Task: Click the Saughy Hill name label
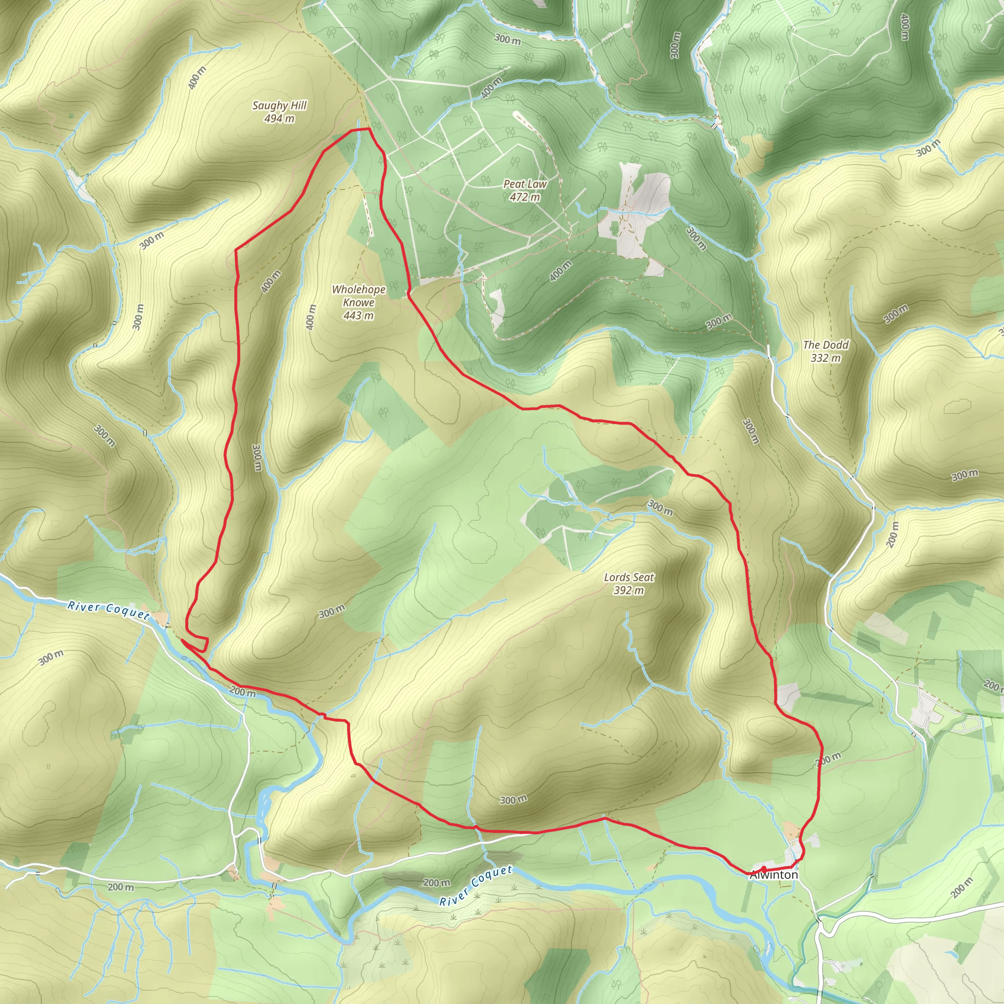[x=279, y=105]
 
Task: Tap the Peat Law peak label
[x=525, y=184]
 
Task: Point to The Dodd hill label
[x=825, y=345]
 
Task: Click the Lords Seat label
[x=629, y=577]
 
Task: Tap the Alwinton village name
[x=774, y=875]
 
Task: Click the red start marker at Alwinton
[x=763, y=869]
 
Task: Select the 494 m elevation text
[x=279, y=119]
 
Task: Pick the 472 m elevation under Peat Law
[x=525, y=198]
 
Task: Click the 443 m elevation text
[x=358, y=315]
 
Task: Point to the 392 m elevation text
[x=629, y=590]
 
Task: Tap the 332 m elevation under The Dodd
[x=825, y=358]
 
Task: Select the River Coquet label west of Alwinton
[x=476, y=885]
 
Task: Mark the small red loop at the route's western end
[x=198, y=643]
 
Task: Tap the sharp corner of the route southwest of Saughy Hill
[x=236, y=250]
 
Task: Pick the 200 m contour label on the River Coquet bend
[x=243, y=692]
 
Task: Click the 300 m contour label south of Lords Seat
[x=513, y=800]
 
